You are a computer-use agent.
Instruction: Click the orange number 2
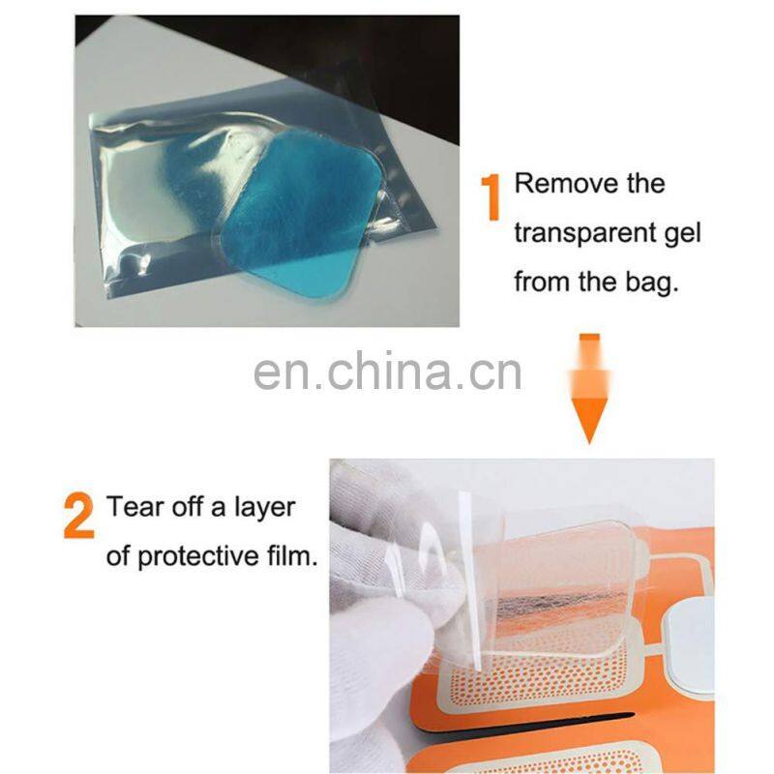click(79, 516)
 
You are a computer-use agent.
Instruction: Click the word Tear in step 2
click(133, 507)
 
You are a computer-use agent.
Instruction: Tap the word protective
click(205, 558)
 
